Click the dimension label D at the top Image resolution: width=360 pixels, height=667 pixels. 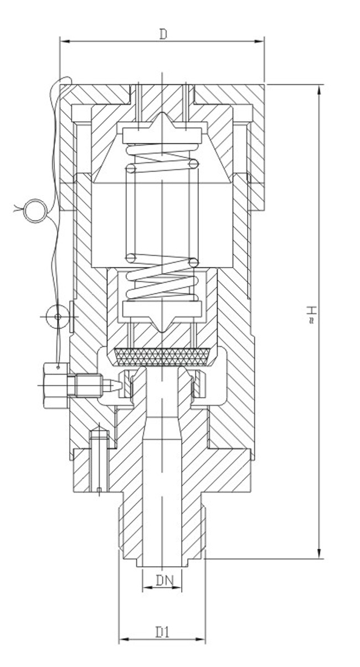pyautogui.click(x=163, y=34)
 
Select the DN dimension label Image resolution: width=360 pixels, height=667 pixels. pyautogui.click(x=162, y=581)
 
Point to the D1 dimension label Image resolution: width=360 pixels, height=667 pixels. pyautogui.click(x=162, y=631)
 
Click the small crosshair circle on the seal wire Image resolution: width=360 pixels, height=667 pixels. pyautogui.click(x=57, y=316)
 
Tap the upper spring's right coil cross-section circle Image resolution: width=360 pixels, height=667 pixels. pyautogui.click(x=193, y=164)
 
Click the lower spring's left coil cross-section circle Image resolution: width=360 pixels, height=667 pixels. pyautogui.click(x=131, y=258)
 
